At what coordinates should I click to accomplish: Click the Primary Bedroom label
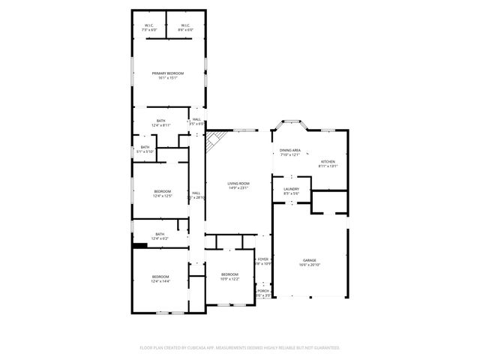[x=167, y=73]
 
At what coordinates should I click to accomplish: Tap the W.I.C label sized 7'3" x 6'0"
[x=149, y=25]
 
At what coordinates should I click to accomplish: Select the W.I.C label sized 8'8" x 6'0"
[x=184, y=25]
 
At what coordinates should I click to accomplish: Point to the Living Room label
[x=238, y=184]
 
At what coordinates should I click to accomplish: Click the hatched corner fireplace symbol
[x=216, y=139]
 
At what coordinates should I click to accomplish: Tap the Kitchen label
[x=328, y=162]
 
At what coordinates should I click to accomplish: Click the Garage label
[x=310, y=260]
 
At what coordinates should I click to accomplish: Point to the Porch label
[x=262, y=291]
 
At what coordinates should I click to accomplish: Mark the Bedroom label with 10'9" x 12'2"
[x=229, y=274]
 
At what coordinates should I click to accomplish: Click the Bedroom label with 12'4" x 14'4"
[x=160, y=277]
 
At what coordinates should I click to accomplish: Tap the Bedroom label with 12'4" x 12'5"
[x=163, y=192]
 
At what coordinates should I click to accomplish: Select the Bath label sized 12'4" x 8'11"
[x=160, y=121]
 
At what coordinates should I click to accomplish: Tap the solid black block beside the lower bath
[x=139, y=243]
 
